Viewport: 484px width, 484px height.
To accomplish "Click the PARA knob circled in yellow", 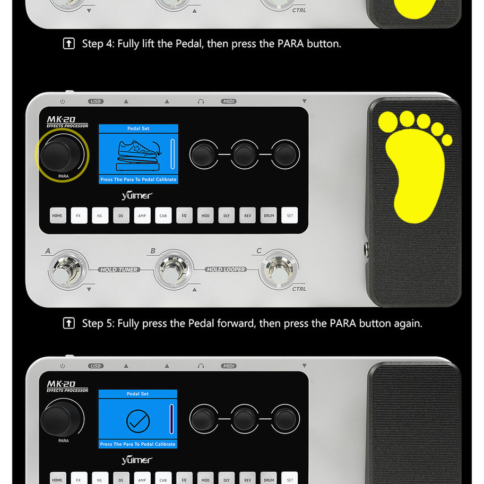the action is tap(62, 154).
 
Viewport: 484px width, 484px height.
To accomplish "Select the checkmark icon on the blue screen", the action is tap(138, 421).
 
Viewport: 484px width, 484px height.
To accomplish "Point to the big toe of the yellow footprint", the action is tap(388, 122).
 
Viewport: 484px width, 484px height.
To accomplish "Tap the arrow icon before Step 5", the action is tap(69, 323).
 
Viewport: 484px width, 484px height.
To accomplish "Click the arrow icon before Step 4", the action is tap(69, 44).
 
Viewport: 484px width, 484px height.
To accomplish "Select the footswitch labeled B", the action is tap(173, 269).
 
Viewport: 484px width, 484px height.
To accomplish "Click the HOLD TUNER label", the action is tap(119, 270).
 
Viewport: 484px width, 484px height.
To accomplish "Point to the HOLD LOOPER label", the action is tap(226, 270).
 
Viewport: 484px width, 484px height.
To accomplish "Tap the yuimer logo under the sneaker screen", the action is tap(137, 195).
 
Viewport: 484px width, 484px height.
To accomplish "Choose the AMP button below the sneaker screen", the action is tap(142, 215).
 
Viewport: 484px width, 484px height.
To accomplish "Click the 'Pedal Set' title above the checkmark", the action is tap(137, 394).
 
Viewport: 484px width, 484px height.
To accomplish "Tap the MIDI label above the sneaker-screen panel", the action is tap(229, 101).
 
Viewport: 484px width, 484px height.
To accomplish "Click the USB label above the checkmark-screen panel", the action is tap(96, 366).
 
